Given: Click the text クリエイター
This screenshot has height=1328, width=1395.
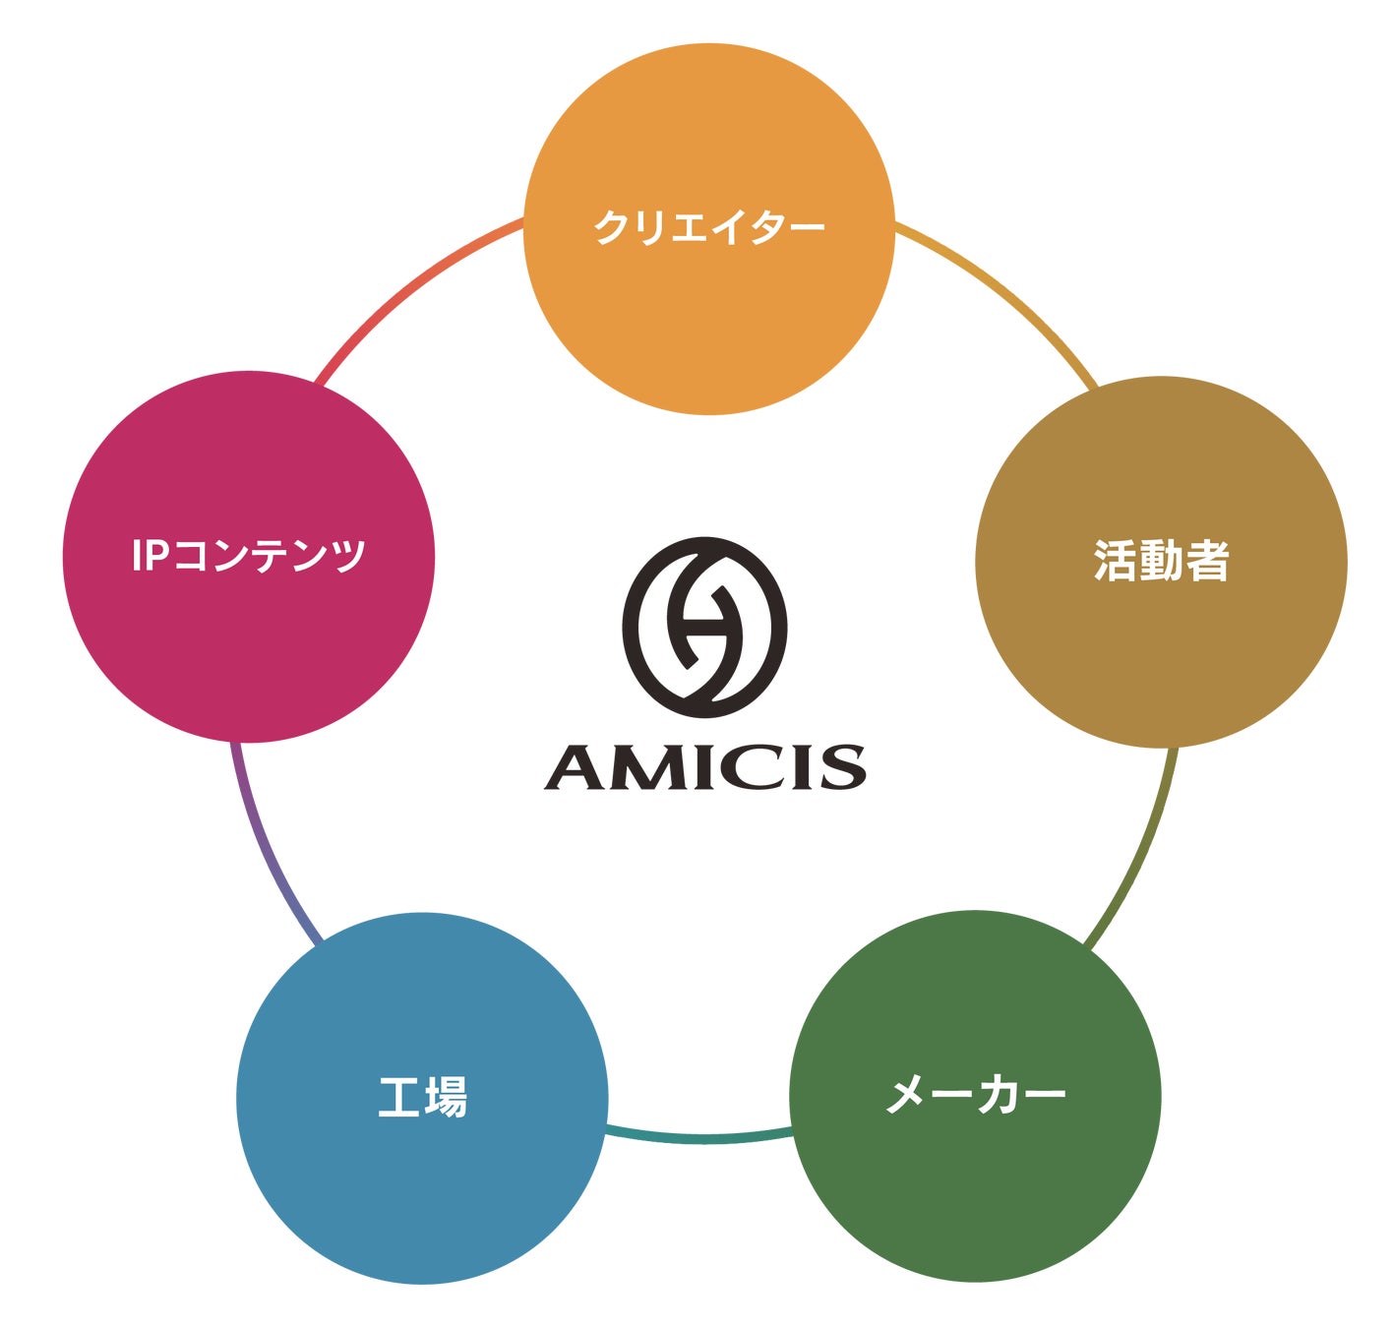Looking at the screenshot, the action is (x=708, y=227).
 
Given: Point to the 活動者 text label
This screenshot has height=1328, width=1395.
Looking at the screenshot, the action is (x=1161, y=562).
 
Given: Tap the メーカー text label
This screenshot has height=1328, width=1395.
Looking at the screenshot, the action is (x=976, y=1095).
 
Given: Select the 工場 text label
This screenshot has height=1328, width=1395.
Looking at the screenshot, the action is (x=422, y=1097).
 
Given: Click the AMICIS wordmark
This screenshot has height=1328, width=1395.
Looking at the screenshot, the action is (x=704, y=767).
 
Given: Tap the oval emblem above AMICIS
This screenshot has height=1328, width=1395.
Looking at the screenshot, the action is (x=704, y=627).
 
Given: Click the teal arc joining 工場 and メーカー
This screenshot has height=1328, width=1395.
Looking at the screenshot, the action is (x=700, y=1138).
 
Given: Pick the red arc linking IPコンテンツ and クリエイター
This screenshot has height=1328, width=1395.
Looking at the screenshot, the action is (x=408, y=284).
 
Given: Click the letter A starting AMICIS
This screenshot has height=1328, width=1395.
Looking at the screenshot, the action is (x=576, y=767).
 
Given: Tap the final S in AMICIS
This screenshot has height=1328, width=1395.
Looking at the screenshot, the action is (x=843, y=767).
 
